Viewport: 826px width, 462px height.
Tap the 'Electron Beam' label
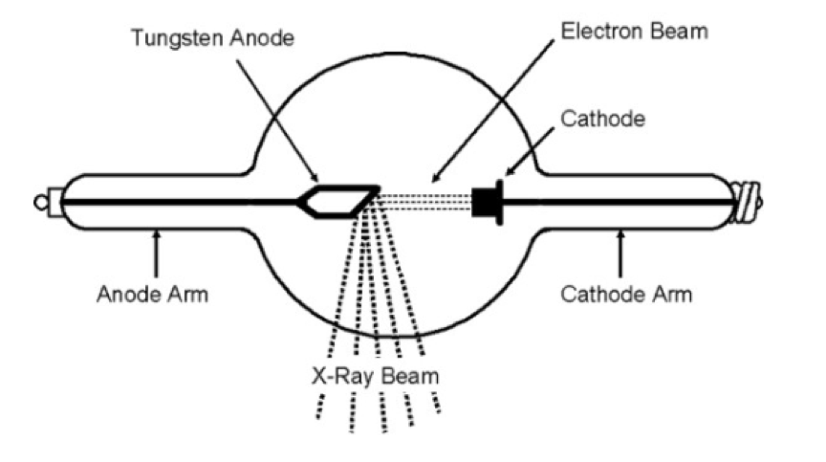coord(635,31)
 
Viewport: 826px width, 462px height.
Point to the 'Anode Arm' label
coord(152,293)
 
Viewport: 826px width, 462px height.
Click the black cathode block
coord(488,202)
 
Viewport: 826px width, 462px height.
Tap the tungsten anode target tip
coord(374,192)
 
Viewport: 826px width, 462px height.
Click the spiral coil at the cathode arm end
coord(747,203)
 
